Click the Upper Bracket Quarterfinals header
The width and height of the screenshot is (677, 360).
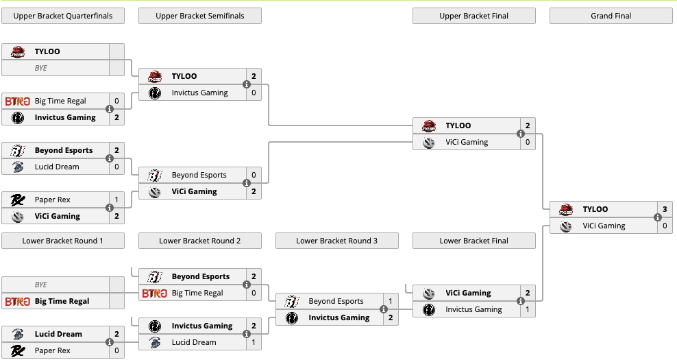coord(62,16)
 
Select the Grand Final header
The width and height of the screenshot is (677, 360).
coord(611,16)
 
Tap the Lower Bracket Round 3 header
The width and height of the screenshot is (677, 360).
coord(336,241)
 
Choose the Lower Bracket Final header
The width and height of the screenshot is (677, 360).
coord(473,241)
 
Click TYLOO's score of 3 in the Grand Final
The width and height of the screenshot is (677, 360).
coord(664,209)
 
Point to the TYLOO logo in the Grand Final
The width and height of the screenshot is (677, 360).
coord(566,209)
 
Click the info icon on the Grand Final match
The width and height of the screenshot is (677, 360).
coord(658,217)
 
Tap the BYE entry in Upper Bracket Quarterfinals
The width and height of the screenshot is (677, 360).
coord(41,68)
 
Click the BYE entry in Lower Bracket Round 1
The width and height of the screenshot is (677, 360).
coord(41,285)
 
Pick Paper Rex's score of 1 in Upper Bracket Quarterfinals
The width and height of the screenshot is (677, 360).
coord(116,200)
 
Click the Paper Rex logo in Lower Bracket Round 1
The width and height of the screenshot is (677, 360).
coord(18,350)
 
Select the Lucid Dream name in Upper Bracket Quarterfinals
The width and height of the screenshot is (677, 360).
coord(57,167)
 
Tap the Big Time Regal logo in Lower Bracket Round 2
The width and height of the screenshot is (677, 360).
coord(155,293)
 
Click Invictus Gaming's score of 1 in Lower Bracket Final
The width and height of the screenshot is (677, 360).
coord(527,309)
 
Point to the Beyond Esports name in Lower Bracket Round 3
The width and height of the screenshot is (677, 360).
coord(336,301)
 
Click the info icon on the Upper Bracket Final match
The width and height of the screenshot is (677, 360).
coord(521,134)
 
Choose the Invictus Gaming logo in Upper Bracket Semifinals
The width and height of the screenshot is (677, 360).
coord(155,93)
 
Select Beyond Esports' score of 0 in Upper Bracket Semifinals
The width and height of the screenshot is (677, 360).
coord(253,175)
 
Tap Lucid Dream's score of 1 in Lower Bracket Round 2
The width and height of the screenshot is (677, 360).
coord(253,342)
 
